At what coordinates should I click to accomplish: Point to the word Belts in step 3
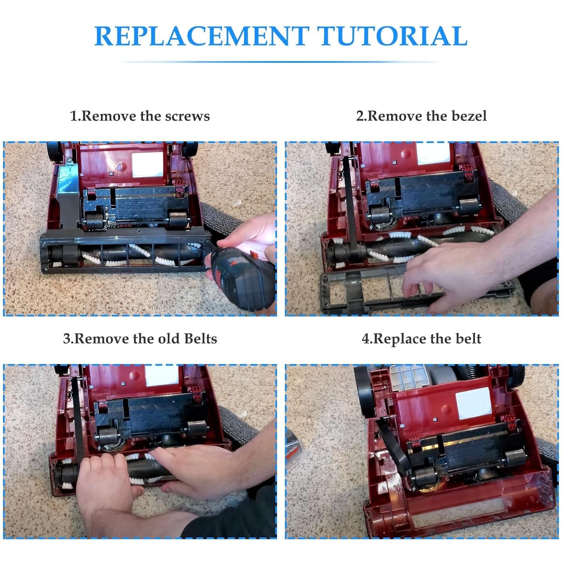[x=200, y=339]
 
